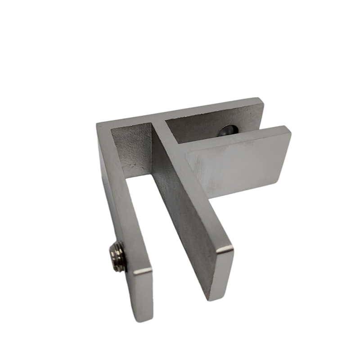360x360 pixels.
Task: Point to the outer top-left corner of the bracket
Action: [97, 124]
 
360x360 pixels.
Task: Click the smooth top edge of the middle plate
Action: [189, 180]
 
